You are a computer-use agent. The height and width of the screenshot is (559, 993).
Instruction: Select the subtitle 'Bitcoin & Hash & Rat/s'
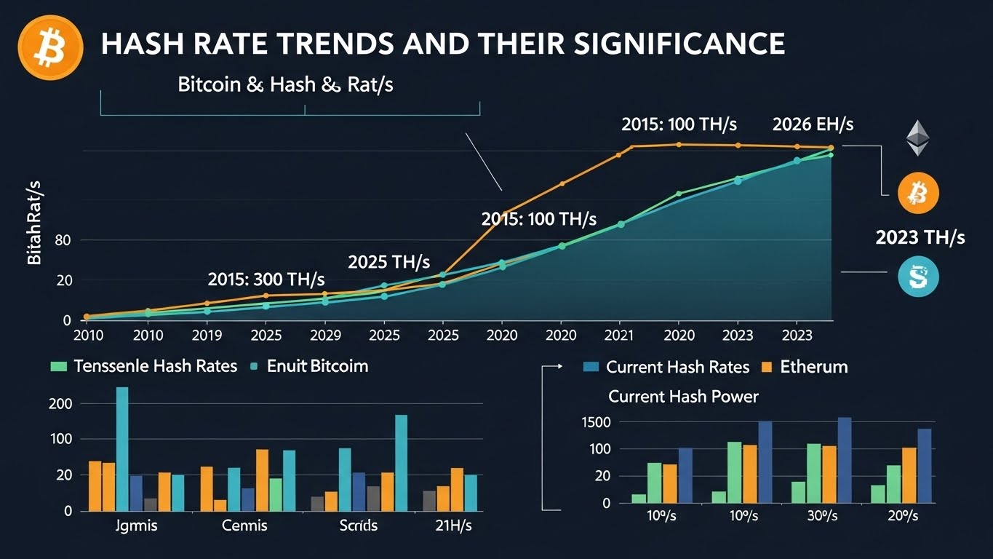(285, 84)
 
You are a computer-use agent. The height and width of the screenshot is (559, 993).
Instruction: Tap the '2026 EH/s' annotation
(813, 124)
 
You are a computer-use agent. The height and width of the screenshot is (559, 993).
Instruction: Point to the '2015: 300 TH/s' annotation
(266, 279)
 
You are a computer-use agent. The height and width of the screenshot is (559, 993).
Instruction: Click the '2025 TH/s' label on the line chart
(389, 261)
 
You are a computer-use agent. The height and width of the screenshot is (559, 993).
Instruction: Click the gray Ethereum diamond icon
(917, 138)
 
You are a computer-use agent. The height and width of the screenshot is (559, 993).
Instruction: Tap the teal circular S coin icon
(918, 276)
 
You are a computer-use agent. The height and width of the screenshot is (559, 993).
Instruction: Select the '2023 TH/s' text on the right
(920, 237)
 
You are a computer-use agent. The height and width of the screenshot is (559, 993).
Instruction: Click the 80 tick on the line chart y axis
(63, 241)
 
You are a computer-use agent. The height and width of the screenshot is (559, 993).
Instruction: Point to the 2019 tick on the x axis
(207, 336)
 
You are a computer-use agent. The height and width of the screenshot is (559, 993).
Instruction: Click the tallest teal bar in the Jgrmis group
(122, 448)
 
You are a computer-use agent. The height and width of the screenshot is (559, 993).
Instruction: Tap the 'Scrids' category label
(358, 525)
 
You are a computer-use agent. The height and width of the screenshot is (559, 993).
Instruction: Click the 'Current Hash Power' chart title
(682, 397)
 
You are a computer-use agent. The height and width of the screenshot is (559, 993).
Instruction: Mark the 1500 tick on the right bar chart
(596, 422)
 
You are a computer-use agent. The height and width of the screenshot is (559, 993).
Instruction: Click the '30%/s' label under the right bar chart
(822, 516)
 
